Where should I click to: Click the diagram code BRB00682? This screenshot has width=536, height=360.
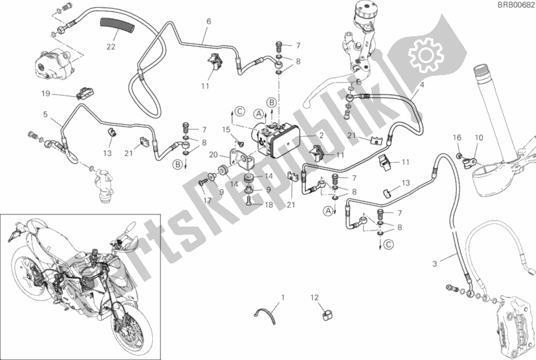516,5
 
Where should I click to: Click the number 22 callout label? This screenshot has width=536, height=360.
111,46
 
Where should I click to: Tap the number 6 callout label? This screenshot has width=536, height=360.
209,21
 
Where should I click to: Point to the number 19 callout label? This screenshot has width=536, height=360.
46,93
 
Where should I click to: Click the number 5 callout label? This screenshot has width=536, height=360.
46,115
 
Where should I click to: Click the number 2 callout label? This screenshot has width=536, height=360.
321,135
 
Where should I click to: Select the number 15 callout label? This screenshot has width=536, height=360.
226,130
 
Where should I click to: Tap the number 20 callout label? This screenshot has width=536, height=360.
213,155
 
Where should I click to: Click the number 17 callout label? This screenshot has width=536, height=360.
207,200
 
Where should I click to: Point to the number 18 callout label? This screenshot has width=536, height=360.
269,204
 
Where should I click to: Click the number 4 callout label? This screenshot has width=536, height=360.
422,84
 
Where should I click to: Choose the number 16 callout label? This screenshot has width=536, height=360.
457,137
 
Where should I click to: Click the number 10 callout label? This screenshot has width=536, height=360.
479,137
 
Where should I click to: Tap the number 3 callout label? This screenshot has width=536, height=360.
435,263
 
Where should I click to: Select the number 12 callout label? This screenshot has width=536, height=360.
315,298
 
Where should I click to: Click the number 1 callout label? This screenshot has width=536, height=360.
282,298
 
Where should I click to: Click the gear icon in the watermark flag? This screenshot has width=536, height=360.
426,55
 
